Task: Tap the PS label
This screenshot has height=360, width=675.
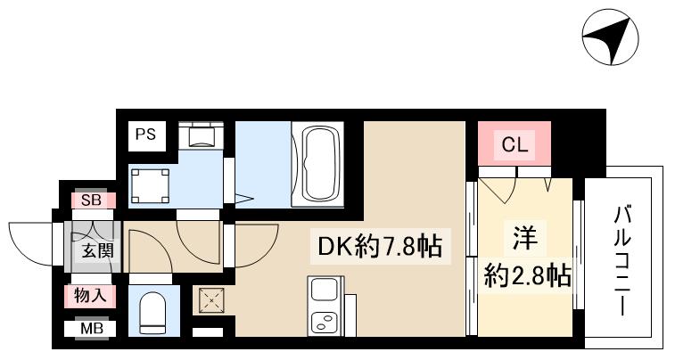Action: [145, 135]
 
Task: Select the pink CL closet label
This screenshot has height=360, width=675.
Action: [514, 144]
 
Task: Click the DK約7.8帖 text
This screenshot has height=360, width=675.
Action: [375, 246]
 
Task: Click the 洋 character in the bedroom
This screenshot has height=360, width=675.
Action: [524, 239]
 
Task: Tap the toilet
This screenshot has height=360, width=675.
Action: [154, 311]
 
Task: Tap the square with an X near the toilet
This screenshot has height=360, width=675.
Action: [210, 301]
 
